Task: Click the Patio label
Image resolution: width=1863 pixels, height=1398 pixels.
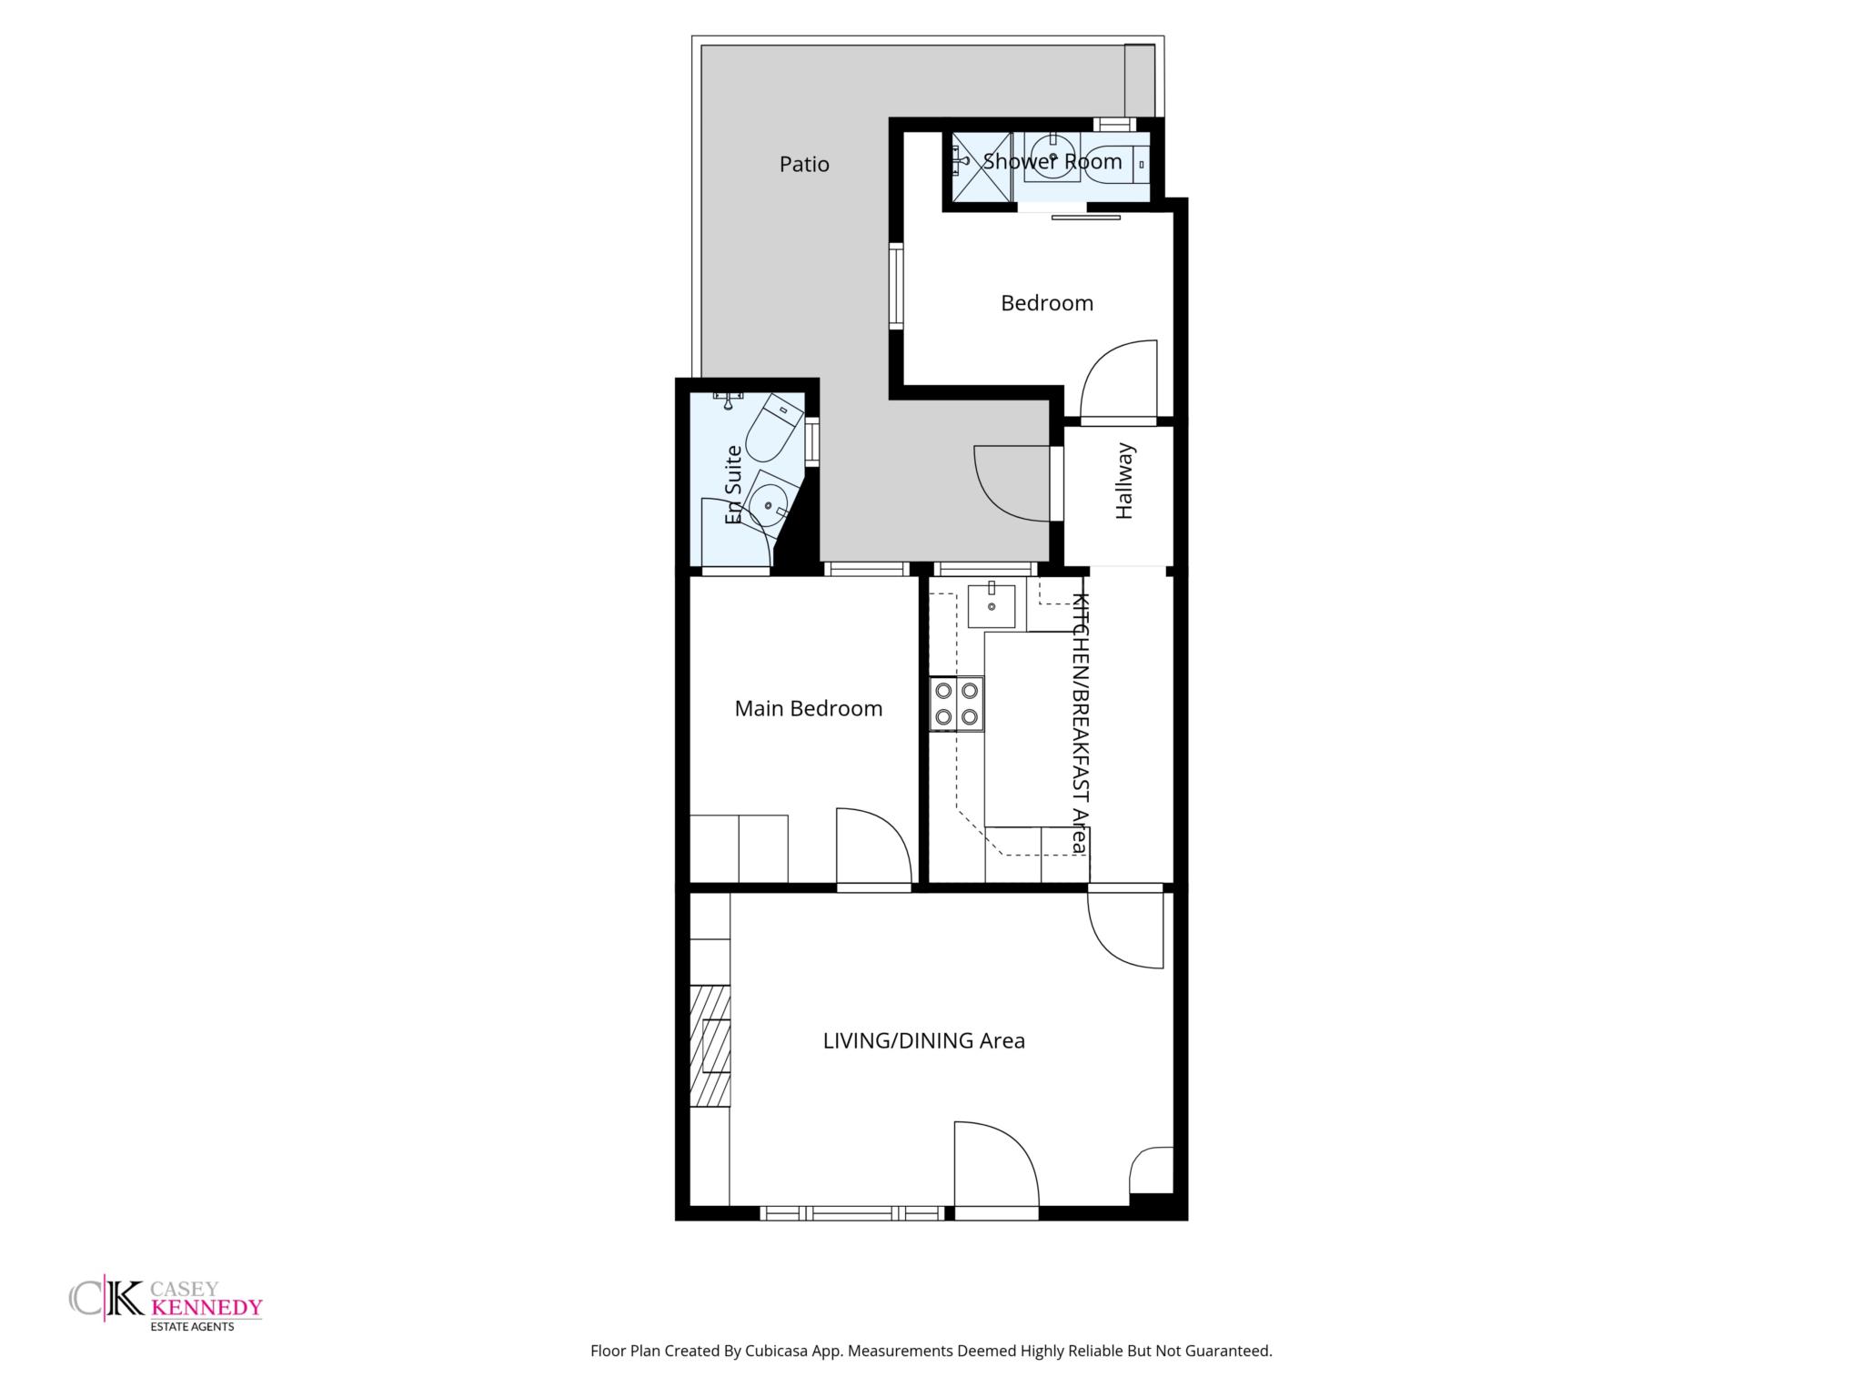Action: point(804,164)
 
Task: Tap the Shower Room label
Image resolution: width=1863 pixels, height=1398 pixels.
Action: point(1052,161)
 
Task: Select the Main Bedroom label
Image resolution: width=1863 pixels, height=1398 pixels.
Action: point(809,708)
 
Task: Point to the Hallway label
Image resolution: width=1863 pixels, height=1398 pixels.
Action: point(1124,481)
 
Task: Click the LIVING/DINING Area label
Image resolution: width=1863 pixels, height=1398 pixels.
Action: point(924,1040)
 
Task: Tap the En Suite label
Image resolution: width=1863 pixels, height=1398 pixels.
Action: point(733,484)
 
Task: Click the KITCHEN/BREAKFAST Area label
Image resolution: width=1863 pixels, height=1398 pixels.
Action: point(1080,723)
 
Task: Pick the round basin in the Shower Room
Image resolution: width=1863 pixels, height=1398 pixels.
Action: point(1052,157)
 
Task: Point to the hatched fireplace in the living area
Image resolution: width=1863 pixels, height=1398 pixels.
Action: point(710,1046)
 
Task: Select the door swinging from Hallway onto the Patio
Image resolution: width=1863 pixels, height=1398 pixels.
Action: point(1012,483)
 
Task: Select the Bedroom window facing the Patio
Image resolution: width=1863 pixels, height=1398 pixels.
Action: point(896,286)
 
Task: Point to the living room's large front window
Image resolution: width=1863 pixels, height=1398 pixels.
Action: point(852,1212)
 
